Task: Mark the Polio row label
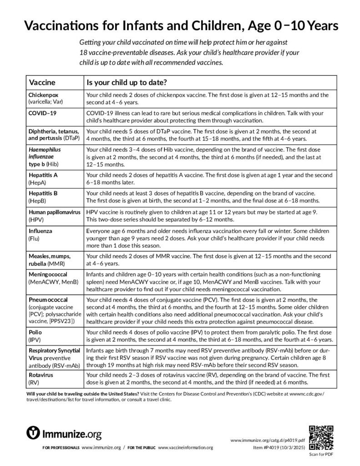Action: (x=36, y=333)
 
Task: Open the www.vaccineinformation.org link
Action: (x=185, y=448)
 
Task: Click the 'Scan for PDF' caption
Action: (x=321, y=454)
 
